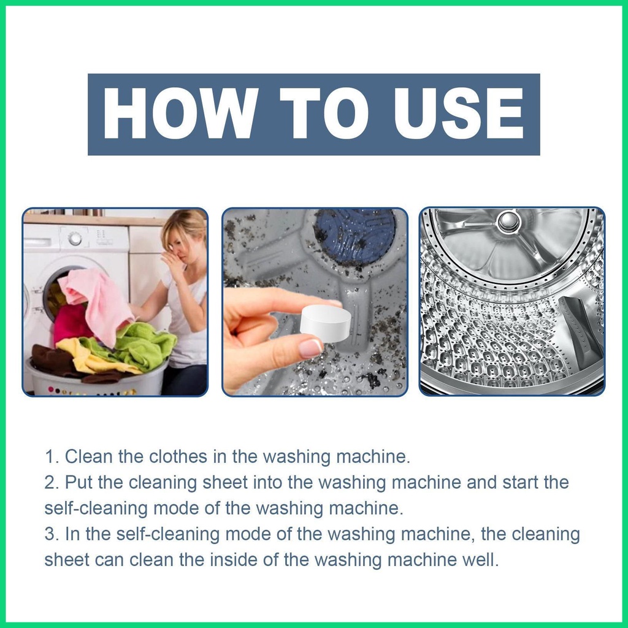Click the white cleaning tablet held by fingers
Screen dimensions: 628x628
pos(325,323)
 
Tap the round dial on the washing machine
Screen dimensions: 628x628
pos(75,239)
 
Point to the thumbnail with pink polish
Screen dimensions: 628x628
pos(310,348)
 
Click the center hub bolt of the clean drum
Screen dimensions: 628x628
pos(508,221)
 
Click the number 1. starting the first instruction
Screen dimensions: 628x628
pos(52,456)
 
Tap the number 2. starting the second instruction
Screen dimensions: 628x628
pos(52,482)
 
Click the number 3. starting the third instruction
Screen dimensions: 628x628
pos(52,534)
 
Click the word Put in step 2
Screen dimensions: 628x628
pos(79,482)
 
